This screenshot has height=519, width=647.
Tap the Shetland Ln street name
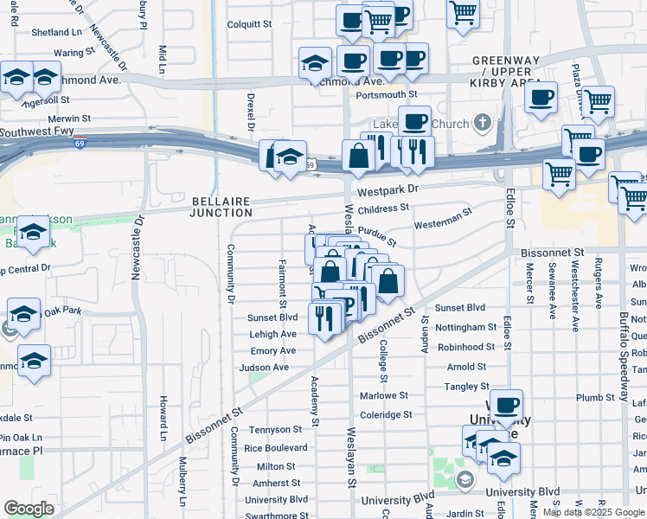(x=56, y=32)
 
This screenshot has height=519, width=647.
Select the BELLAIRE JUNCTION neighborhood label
(x=222, y=207)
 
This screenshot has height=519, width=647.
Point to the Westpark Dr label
(x=388, y=189)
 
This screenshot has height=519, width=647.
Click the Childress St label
(x=383, y=208)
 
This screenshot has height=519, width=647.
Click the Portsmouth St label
(x=387, y=94)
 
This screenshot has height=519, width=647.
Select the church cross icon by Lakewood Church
(x=484, y=124)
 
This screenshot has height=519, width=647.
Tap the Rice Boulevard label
(x=276, y=448)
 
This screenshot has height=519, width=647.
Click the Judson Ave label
(x=264, y=368)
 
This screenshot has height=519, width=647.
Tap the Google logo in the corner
(x=29, y=509)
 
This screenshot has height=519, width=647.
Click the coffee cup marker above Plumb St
(x=506, y=405)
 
